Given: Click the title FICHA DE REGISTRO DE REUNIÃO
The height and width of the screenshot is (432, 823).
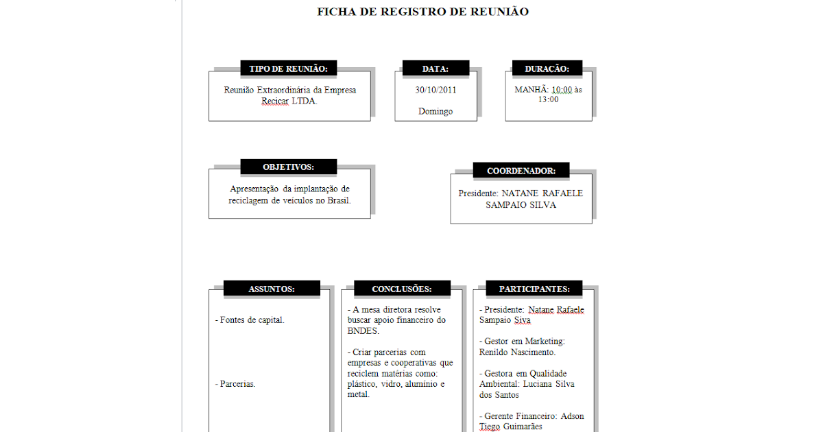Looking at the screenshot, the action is (x=422, y=12).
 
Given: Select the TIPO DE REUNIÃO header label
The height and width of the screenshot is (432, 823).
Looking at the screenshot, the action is (x=288, y=69).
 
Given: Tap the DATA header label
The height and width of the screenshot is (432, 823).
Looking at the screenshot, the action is (x=435, y=69).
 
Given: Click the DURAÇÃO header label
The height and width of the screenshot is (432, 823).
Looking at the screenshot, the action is (x=547, y=69).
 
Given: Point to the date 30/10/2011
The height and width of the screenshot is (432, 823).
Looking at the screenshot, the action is (x=436, y=90).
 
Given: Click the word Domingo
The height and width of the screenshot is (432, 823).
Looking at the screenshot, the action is (x=436, y=111).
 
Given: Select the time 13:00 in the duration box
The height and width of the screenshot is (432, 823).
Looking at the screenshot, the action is (x=548, y=99).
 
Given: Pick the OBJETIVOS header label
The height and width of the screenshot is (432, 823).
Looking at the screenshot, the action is (x=288, y=167).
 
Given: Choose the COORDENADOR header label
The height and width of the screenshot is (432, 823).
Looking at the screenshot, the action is (x=521, y=171).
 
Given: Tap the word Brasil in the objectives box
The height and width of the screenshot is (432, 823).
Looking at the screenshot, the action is (x=337, y=200).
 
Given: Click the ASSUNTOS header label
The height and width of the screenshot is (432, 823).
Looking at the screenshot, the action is (x=272, y=289).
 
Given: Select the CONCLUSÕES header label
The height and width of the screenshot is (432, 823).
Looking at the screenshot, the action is (x=402, y=289).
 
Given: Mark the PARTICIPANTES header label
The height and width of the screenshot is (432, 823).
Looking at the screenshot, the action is (x=534, y=289).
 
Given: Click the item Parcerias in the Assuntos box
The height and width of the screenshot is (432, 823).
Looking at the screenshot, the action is (x=237, y=384).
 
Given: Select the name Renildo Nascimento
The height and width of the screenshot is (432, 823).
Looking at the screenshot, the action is (x=517, y=352).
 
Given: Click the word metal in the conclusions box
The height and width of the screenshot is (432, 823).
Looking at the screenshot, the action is (x=358, y=394).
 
